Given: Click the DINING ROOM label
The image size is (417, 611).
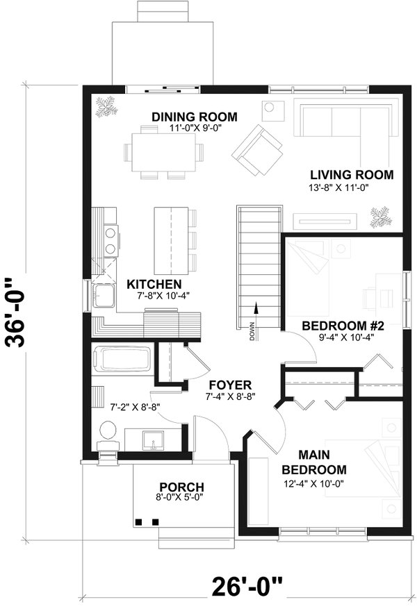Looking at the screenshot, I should point(195,116).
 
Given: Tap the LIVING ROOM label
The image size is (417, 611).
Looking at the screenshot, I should point(352,174).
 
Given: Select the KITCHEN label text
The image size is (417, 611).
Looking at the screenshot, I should point(154,284).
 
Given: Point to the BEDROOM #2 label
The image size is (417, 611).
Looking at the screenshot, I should point(339,325).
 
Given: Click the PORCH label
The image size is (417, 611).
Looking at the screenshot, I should point(181,486).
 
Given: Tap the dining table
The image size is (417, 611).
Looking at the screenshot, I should point(167,151).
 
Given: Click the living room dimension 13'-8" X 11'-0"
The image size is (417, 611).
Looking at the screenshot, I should point(352,188).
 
